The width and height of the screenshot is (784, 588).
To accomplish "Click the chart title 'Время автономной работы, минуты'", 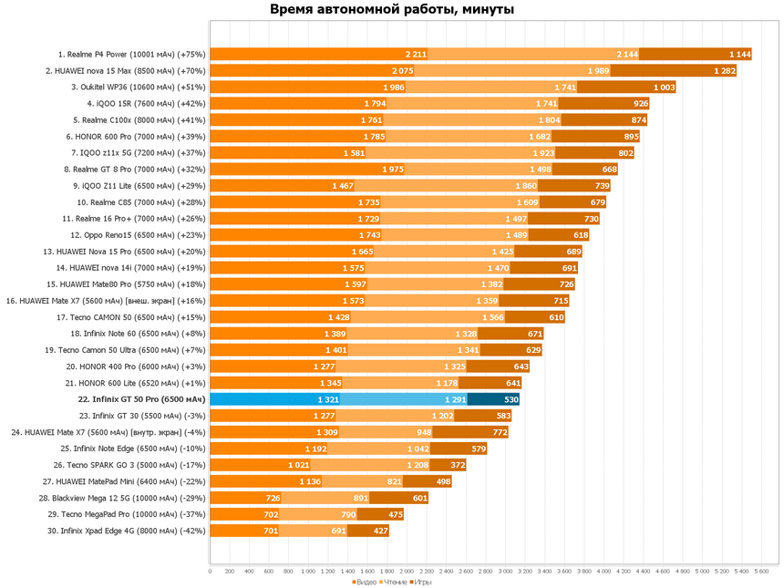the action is [x=392, y=9].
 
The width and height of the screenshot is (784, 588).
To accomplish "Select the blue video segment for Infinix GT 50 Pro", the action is [x=275, y=399].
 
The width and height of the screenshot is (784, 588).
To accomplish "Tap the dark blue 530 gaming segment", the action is [x=493, y=399].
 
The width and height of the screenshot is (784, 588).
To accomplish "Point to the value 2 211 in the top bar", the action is [x=416, y=55].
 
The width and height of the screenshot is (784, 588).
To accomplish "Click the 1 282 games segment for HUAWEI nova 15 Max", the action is [x=673, y=71].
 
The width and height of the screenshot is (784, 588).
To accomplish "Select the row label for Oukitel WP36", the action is [x=138, y=88].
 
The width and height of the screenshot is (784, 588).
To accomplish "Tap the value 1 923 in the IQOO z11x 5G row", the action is [x=543, y=153].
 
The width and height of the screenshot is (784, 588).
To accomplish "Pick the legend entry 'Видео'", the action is [x=365, y=582].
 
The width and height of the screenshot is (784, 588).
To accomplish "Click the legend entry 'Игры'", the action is [x=420, y=582].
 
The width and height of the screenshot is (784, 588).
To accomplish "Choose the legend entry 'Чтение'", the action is [x=393, y=582].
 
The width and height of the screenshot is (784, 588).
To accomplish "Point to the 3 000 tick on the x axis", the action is [x=505, y=571].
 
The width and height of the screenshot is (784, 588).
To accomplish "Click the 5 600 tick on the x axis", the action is [x=761, y=571].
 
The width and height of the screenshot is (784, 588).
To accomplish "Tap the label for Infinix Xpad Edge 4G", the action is [x=127, y=531].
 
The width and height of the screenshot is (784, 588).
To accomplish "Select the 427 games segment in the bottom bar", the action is [x=368, y=531].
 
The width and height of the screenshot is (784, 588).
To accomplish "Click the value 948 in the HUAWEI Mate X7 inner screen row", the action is [x=423, y=432].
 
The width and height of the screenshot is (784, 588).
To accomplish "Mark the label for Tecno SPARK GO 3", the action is [x=129, y=465].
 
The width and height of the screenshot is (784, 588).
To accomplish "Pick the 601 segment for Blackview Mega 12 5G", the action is [x=398, y=498].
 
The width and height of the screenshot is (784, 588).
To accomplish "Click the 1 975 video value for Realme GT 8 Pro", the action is [x=393, y=170].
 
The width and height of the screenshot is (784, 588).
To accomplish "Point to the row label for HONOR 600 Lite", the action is [x=136, y=383].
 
